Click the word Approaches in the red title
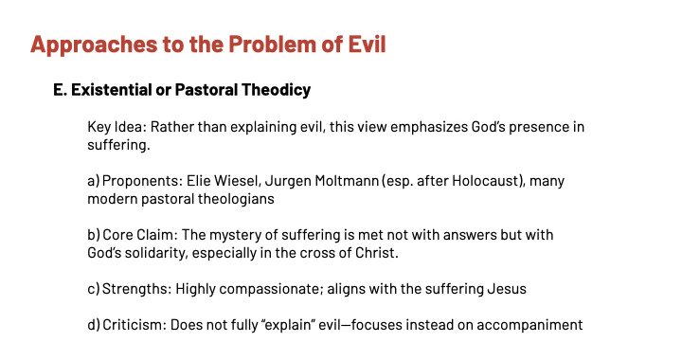pos(94,45)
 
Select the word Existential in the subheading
pos(111,90)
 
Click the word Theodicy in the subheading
pos(276,90)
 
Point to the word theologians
pos(236,199)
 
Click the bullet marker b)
pos(94,235)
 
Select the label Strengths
pos(136,289)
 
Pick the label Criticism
pos(134,325)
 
